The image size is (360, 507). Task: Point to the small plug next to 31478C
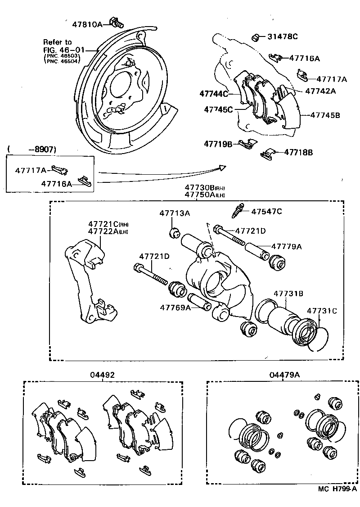(255, 36)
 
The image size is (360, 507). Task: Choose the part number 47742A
(320, 91)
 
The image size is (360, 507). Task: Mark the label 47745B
(324, 115)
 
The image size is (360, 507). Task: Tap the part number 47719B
(218, 144)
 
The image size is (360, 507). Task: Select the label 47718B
(298, 152)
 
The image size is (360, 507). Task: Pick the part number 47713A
(174, 213)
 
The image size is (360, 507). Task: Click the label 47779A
(286, 246)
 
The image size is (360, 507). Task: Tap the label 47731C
(322, 311)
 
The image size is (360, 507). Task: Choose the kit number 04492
(103, 375)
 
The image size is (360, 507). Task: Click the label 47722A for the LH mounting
(103, 231)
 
